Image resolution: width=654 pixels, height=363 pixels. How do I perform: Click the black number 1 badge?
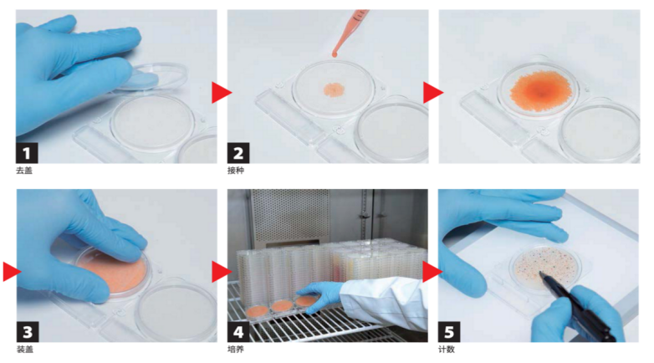click(x=27, y=153)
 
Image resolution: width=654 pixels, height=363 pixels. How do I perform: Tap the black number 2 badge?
click(x=238, y=153)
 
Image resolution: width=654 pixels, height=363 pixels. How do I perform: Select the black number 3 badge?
click(x=28, y=332)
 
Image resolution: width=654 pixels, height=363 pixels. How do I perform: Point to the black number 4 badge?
click(x=238, y=332)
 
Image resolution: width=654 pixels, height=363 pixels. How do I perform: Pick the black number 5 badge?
click(x=449, y=332)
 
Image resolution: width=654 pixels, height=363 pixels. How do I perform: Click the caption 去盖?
click(x=24, y=171)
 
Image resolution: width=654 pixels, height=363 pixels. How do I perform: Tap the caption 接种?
click(x=236, y=171)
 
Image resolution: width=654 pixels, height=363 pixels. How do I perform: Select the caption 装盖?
click(x=25, y=350)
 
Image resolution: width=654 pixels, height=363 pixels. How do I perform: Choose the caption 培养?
click(x=236, y=350)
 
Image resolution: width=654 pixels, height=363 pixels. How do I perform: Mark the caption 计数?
click(x=447, y=350)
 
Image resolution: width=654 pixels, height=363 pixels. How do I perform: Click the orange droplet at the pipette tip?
click(x=335, y=53)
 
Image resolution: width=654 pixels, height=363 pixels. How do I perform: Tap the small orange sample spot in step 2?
click(x=334, y=89)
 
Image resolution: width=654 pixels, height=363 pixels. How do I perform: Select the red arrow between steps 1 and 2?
click(x=221, y=92)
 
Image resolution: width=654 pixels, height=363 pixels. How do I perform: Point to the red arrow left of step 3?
click(x=12, y=271)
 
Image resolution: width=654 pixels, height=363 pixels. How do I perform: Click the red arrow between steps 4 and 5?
click(x=432, y=272)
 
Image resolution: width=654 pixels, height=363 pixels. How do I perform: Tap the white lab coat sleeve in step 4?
click(x=384, y=301)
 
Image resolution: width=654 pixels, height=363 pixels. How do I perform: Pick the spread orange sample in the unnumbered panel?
click(x=541, y=91)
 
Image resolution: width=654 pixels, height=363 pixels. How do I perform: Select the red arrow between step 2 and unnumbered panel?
click(x=433, y=92)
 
